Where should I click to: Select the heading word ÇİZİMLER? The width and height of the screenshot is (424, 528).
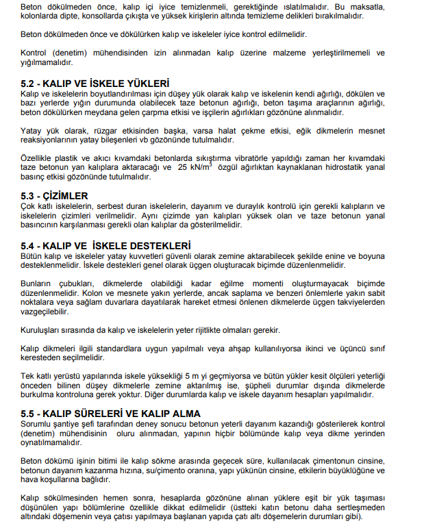click(x=68, y=194)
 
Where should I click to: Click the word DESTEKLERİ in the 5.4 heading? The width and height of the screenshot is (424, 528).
click(x=158, y=246)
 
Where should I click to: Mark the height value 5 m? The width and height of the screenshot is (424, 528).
click(x=206, y=377)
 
